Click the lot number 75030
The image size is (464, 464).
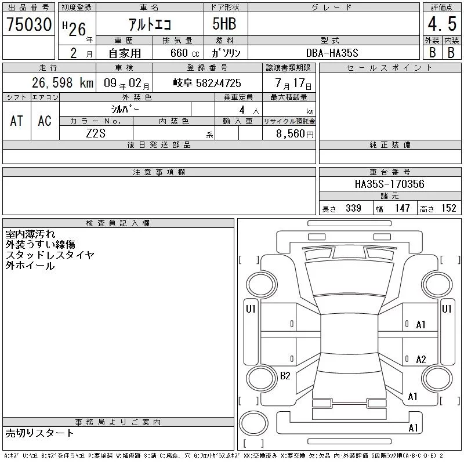click(x=29, y=24)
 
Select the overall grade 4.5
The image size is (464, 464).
click(x=442, y=24)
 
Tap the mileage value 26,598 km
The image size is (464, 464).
click(x=63, y=83)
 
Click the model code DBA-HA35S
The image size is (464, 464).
click(x=332, y=53)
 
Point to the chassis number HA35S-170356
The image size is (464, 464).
click(x=389, y=184)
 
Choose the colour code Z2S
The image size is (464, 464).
click(x=96, y=133)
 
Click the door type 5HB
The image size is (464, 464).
click(x=224, y=24)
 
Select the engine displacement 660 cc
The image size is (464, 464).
click(x=184, y=53)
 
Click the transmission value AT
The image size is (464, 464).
click(x=17, y=121)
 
